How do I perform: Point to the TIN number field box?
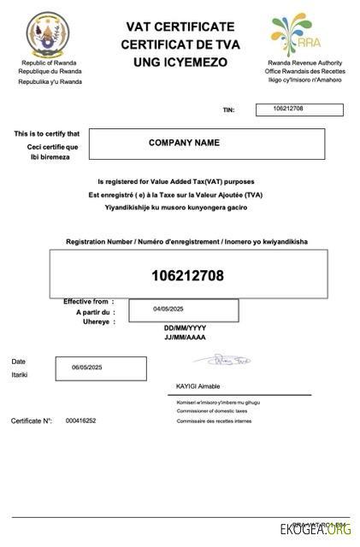tap(299, 109)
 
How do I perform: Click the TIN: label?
tap(228, 110)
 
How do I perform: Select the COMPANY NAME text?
tap(184, 143)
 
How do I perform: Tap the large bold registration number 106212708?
tap(187, 275)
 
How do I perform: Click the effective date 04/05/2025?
tap(169, 309)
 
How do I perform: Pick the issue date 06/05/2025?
tap(86, 367)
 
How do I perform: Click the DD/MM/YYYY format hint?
tap(185, 328)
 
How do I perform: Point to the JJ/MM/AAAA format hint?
tap(185, 338)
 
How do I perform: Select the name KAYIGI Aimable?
tap(198, 386)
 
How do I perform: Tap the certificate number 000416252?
tap(80, 421)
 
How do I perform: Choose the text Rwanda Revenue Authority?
tap(305, 63)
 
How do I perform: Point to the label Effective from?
tap(86, 302)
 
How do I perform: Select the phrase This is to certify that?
tap(47, 133)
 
